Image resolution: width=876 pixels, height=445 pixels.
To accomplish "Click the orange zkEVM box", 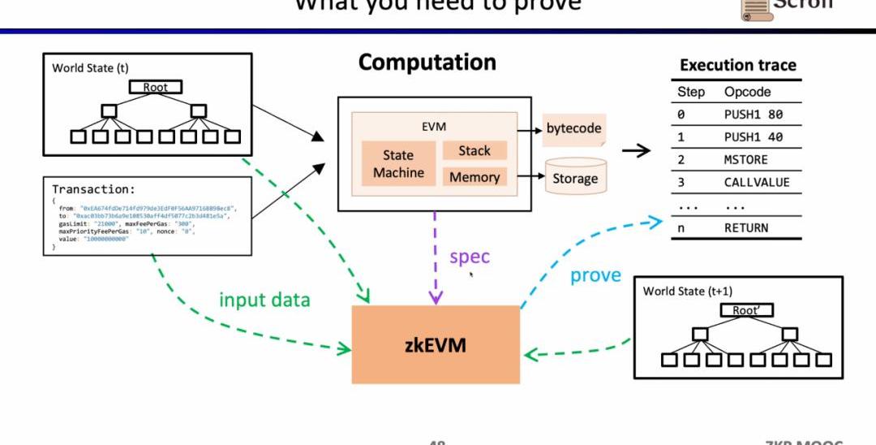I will [x=436, y=344].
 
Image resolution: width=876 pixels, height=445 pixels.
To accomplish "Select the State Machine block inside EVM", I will [x=398, y=164].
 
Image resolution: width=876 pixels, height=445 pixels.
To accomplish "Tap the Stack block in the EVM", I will [x=474, y=150].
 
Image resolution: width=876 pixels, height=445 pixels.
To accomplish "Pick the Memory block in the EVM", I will [x=474, y=177].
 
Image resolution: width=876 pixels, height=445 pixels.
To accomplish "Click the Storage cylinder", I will [x=575, y=178].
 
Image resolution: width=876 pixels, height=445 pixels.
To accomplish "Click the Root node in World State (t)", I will [x=155, y=87].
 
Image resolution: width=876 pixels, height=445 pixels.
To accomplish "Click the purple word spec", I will [x=470, y=257].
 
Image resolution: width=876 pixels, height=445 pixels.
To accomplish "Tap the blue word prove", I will [x=595, y=275].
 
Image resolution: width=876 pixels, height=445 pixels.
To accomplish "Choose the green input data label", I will [x=264, y=300].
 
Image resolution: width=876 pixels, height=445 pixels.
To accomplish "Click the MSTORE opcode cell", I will [x=745, y=160].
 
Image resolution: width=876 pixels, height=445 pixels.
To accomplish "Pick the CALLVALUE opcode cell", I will [x=756, y=183].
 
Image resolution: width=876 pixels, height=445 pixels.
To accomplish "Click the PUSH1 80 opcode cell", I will [x=753, y=114].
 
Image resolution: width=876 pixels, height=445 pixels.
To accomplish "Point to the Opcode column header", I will [x=747, y=92].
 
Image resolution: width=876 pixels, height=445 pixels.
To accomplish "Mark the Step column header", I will [x=691, y=92].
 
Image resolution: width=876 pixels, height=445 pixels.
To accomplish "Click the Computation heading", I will [x=427, y=63].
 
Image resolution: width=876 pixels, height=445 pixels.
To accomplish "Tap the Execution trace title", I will [x=737, y=65].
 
